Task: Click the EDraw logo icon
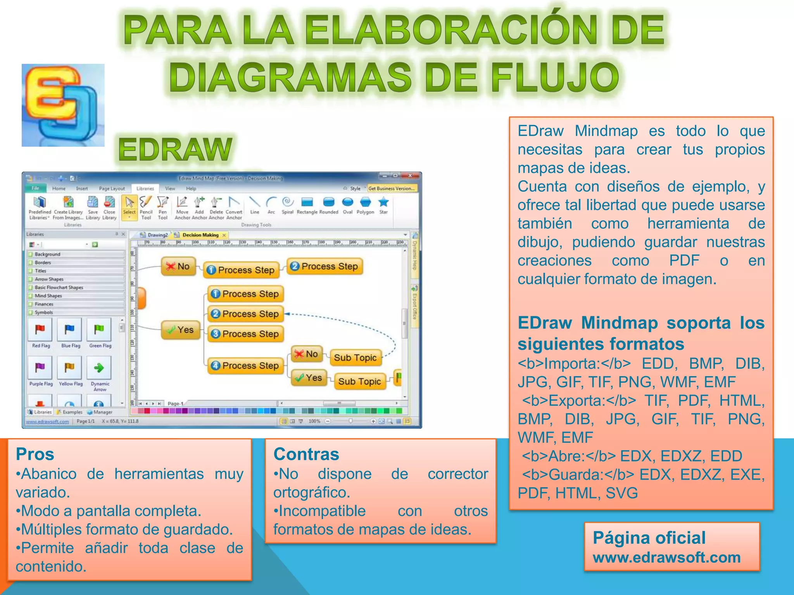[x=63, y=105]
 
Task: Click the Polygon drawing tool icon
[x=365, y=203]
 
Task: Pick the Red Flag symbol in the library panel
[x=40, y=330]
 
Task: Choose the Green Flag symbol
[x=99, y=330]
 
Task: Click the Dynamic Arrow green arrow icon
[x=99, y=368]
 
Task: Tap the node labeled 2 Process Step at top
[x=325, y=267]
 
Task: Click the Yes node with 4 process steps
[x=181, y=330]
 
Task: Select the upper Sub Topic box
[x=355, y=358]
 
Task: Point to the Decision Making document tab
[x=200, y=235]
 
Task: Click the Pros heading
[x=35, y=454]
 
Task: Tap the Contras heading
[x=306, y=454]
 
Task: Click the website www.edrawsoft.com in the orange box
[x=666, y=557]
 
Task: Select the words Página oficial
[x=649, y=538]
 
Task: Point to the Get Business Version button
[x=391, y=189]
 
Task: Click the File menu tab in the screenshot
[x=36, y=189]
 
